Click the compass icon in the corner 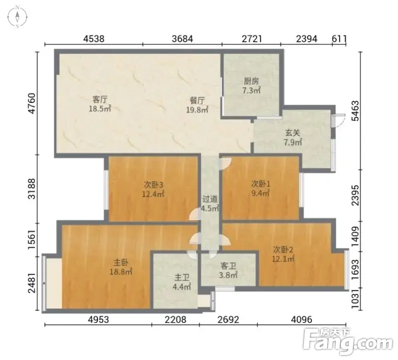pos(17,17)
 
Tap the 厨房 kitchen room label pos(251,81)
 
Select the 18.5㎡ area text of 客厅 pos(100,109)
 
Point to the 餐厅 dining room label pos(197,101)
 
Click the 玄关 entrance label pos(293,133)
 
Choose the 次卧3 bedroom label pos(153,184)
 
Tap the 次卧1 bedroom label pos(261,183)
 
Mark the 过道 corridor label pos(210,199)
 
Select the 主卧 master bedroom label pos(121,262)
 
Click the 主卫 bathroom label pos(182,277)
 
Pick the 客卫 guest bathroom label pos(228,266)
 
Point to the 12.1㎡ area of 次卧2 pos(283,259)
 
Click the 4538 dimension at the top pos(94,39)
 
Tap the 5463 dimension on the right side pos(356,111)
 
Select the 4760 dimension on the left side pos(32,104)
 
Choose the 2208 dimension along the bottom pos(176,320)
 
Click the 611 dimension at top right pos(339,39)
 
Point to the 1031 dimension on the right pos(356,299)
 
